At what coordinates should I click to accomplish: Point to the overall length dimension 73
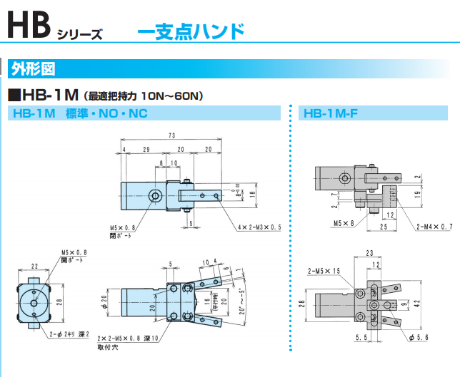coord(172,136)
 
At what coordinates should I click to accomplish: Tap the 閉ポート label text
coord(122,235)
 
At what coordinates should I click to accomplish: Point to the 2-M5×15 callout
coord(324,272)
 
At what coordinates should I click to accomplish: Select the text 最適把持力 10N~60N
coord(144,95)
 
